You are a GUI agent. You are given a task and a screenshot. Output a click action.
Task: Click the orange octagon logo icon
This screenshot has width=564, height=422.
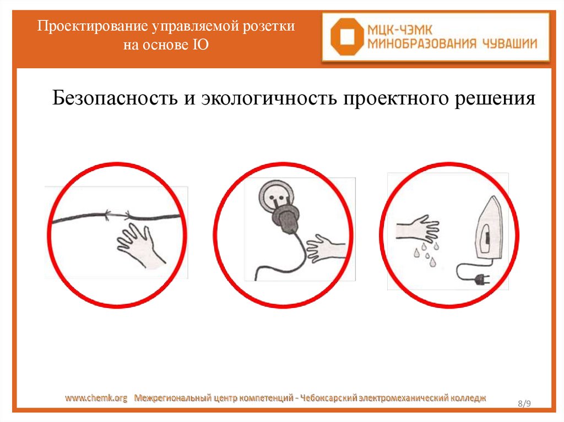click(x=347, y=37)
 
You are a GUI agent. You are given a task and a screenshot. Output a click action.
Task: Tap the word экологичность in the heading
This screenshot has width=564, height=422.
click(x=269, y=98)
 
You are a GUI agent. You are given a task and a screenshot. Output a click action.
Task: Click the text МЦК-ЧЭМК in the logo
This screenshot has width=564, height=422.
click(x=399, y=30)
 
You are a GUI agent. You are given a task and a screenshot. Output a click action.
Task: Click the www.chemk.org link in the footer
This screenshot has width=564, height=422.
click(x=96, y=398)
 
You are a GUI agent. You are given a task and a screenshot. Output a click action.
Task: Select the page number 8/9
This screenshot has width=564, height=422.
click(x=524, y=403)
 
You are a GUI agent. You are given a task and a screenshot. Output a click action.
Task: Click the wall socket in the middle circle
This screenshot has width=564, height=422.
click(x=276, y=196)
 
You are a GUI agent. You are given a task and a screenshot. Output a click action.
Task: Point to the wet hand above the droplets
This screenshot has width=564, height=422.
click(x=417, y=229)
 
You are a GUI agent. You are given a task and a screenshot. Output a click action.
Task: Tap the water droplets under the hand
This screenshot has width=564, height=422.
click(x=427, y=254)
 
